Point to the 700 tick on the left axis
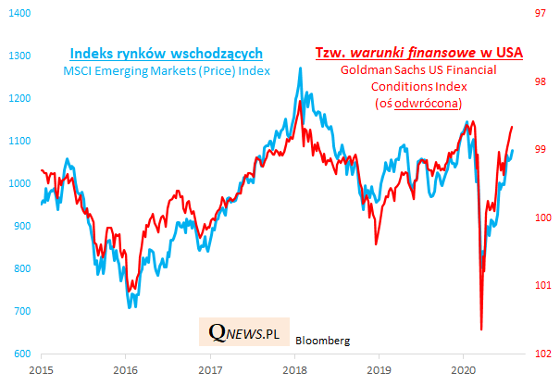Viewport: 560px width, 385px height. click(x=21, y=312)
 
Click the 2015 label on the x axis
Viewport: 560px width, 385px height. click(x=39, y=369)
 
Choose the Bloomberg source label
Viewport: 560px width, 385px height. click(x=323, y=341)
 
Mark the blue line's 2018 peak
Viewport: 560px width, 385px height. click(x=300, y=68)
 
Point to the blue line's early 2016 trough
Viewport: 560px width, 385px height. click(x=131, y=307)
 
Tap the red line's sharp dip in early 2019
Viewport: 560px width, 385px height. click(x=376, y=244)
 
